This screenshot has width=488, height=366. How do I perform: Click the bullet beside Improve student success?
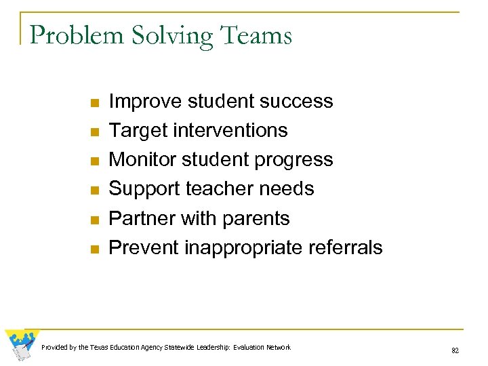94,102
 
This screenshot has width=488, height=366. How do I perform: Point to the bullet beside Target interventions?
94,131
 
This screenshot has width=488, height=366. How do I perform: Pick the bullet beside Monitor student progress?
94,161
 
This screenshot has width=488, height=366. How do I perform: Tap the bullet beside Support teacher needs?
94,190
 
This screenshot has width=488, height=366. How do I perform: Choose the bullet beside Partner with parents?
94,220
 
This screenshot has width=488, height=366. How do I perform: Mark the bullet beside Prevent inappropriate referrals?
94,249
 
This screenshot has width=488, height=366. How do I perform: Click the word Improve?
144,102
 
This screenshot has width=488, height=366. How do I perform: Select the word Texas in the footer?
100,348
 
